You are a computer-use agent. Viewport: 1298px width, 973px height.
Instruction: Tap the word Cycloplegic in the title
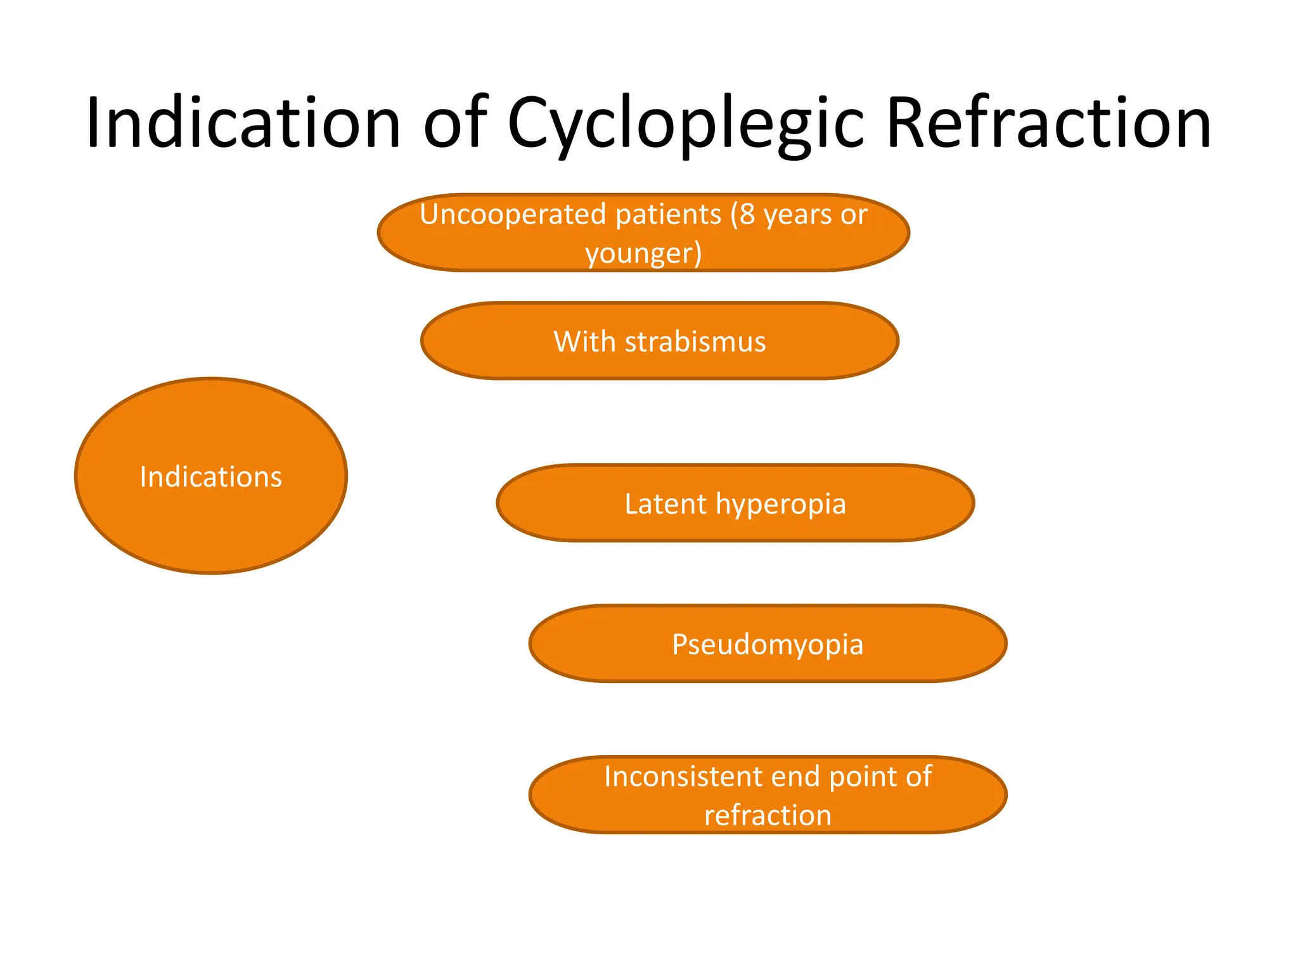[x=686, y=124]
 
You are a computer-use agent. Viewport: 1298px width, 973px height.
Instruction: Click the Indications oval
[x=210, y=476]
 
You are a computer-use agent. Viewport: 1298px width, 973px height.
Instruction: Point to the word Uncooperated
[x=506, y=215]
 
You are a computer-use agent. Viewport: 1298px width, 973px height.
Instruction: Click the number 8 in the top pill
[x=747, y=215]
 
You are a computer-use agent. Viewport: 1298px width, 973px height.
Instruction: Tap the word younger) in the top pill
[x=643, y=253]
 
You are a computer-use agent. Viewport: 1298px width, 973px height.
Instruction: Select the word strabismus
[x=695, y=342]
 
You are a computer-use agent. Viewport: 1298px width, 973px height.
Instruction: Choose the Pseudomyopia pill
[x=768, y=644]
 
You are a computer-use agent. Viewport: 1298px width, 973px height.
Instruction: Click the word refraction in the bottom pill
[x=768, y=815]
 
